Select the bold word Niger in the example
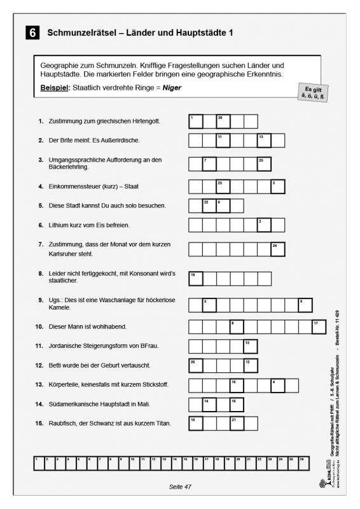(172, 88)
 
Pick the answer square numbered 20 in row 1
(223, 121)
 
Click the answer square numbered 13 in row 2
(264, 140)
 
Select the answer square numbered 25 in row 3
(264, 164)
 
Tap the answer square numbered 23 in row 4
(223, 186)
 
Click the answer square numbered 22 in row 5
(209, 206)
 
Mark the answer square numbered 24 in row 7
(278, 249)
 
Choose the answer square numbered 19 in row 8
(195, 278)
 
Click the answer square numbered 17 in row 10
(319, 326)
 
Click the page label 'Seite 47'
(180, 487)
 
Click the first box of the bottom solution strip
(38, 463)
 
